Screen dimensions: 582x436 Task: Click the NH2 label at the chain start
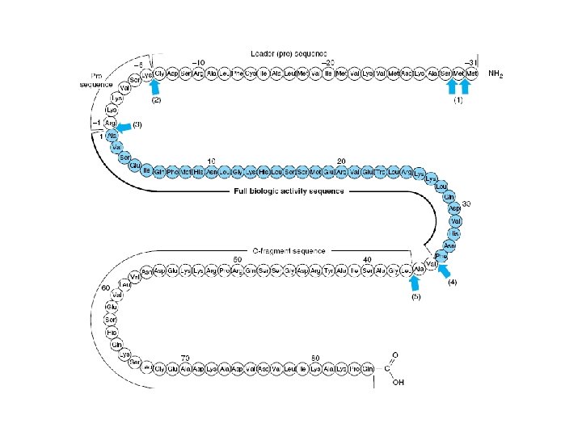tap(496, 74)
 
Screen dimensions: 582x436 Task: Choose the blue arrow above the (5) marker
tap(415, 284)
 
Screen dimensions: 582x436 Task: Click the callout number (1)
tap(458, 102)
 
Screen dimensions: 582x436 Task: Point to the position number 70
tap(186, 356)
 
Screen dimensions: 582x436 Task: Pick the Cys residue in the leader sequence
tap(250, 74)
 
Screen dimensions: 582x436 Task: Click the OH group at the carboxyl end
tap(398, 383)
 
